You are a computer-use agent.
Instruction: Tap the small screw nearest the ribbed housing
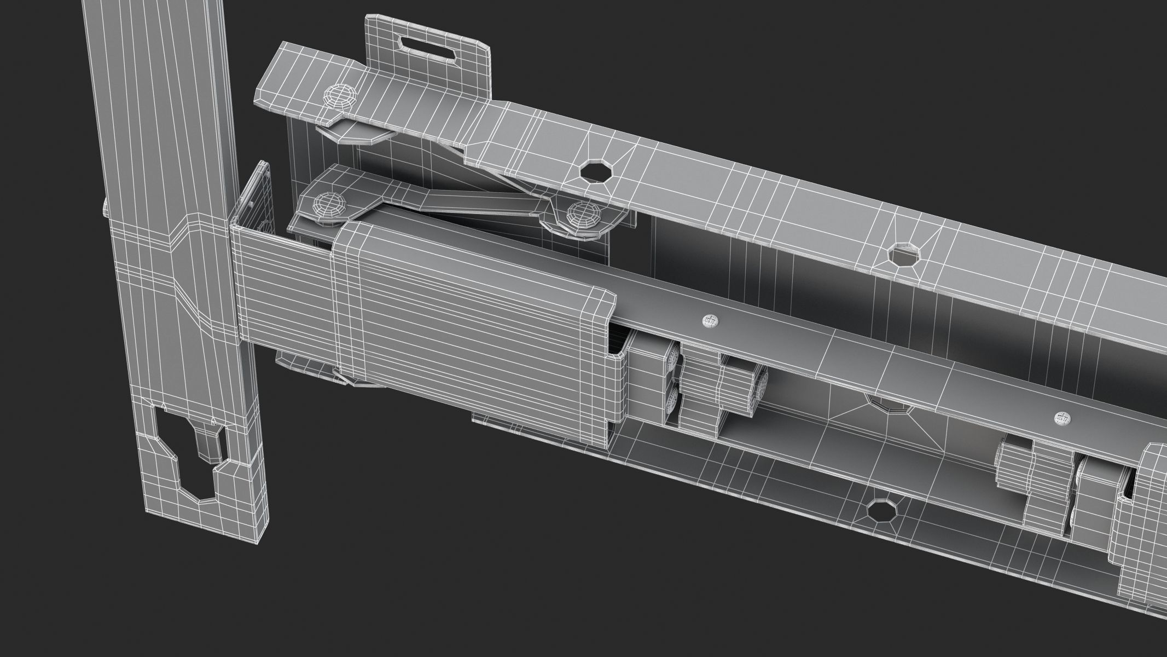[709, 321]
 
